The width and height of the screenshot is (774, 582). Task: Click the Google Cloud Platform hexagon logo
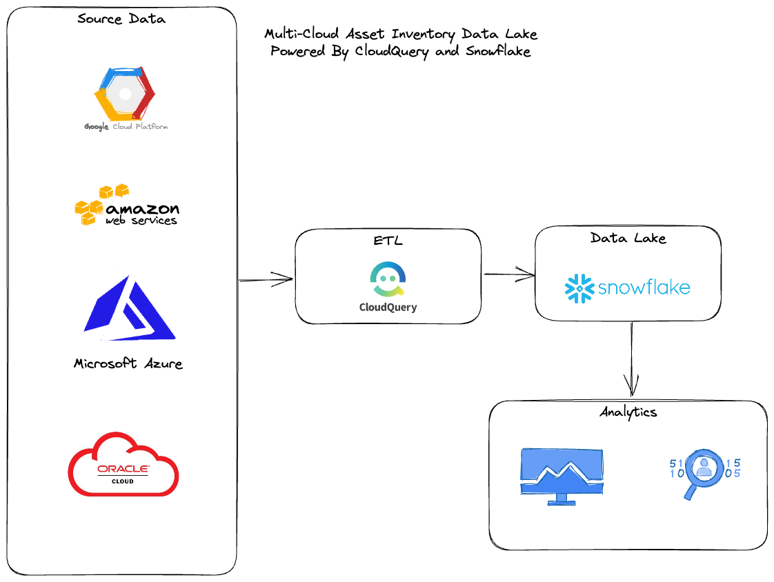click(125, 94)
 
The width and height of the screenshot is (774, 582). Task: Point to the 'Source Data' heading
click(121, 19)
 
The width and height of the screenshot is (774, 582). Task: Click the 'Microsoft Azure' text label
click(128, 363)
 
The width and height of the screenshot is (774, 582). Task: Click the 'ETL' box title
click(388, 240)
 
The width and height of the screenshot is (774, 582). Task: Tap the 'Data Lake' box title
click(628, 238)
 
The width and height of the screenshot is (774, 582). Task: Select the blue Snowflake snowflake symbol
click(579, 288)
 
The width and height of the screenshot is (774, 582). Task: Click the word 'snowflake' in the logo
click(644, 288)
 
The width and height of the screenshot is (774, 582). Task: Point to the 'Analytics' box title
click(628, 412)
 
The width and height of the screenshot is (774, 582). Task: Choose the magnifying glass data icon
click(703, 470)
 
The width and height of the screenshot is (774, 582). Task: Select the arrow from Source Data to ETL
click(266, 280)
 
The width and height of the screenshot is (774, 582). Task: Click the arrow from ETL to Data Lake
click(508, 275)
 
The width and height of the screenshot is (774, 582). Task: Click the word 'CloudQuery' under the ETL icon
click(388, 308)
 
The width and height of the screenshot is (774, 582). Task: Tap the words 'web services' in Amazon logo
click(141, 221)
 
